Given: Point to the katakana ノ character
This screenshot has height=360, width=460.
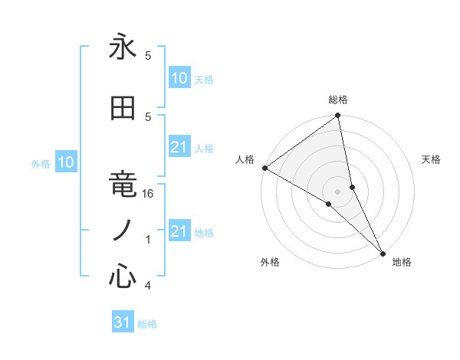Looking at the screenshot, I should coord(123,231).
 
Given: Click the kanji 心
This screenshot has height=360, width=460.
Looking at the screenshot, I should coord(123,277).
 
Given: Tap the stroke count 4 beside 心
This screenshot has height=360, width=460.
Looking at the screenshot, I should coord(148,286).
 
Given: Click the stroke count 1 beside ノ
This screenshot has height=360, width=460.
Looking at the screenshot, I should coord(149,240).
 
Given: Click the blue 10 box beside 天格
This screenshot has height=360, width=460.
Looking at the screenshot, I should coord(179,78).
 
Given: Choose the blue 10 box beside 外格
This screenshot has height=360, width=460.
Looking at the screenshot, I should coord(66,162).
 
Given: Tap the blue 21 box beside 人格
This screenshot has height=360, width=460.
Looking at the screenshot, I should coord(179,147).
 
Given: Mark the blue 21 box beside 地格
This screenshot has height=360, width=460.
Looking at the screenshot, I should coord(179,231).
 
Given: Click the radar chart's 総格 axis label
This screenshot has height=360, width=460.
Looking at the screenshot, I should coord(338,100).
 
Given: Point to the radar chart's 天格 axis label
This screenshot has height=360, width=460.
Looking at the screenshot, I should coord(431,159).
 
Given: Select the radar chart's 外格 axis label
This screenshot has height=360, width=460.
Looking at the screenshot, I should coord(270,262).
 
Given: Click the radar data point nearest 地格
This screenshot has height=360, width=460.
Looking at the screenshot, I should coord(383,251).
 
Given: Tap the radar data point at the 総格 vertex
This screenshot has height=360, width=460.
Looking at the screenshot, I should coord(338,116).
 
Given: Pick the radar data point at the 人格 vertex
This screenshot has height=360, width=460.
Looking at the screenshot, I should coord(264,168).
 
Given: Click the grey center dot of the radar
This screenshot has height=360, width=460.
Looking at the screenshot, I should coord(338,191).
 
